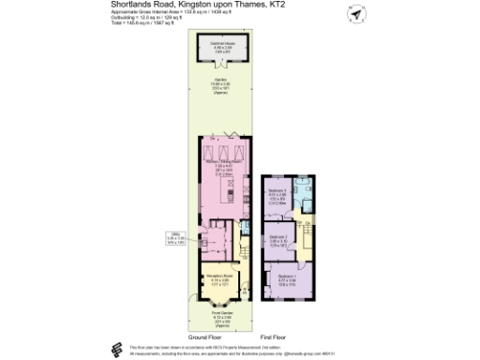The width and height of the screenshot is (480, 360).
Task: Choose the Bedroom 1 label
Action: point(288,278)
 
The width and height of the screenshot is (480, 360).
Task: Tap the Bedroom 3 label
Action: point(278,194)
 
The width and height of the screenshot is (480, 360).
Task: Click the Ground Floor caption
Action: point(203,336)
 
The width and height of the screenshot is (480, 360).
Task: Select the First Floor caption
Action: point(274,336)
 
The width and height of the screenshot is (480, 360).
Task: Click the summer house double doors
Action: point(221,67)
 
